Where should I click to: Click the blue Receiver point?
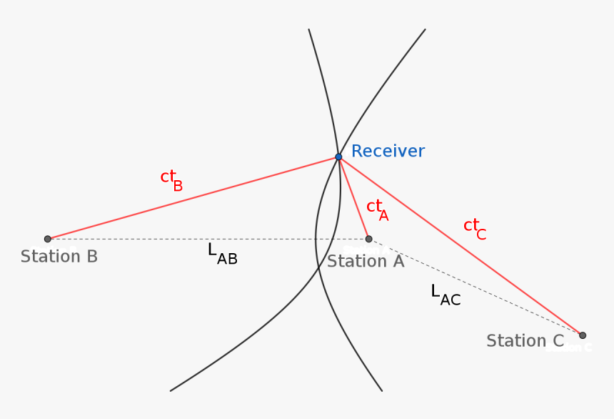click(338, 157)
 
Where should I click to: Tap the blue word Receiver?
click(388, 152)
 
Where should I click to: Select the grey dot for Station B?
click(48, 239)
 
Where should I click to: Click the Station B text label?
click(59, 257)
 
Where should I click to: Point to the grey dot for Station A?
click(368, 239)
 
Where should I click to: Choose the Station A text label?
click(366, 262)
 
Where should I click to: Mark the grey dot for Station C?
click(583, 335)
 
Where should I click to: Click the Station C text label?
click(525, 341)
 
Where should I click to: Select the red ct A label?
click(377, 209)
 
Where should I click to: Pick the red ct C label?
click(474, 228)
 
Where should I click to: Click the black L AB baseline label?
click(222, 253)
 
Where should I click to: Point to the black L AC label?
click(446, 295)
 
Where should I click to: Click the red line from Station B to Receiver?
click(193, 198)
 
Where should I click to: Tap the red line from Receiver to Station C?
click(460, 246)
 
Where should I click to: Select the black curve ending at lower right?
click(357, 350)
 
